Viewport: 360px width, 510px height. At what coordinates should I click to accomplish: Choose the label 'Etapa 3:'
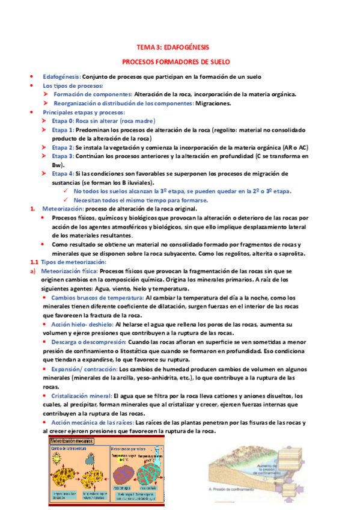pyautogui.click(x=63, y=156)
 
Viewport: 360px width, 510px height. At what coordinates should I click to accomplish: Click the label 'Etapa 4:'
pyautogui.click(x=63, y=173)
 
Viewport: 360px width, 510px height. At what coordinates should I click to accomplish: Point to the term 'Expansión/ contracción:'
pyautogui.click(x=85, y=368)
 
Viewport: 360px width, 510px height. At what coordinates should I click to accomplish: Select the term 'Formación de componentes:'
pyautogui.click(x=93, y=94)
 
